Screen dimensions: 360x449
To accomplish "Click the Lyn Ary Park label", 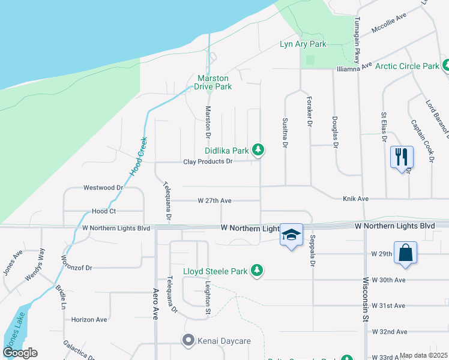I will (303, 44).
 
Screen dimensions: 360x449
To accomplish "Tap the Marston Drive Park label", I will (215, 82).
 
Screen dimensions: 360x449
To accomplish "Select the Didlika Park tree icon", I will (258, 149).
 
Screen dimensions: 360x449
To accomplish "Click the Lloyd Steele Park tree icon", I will (257, 271).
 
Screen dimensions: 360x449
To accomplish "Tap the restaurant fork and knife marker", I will (402, 157).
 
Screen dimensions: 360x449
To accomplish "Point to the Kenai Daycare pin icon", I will (188, 341).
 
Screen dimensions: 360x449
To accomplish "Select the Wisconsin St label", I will (364, 300).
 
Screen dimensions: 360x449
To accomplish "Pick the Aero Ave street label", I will (154, 305).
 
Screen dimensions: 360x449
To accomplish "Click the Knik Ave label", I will (355, 198).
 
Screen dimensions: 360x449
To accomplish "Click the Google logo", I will (20, 353).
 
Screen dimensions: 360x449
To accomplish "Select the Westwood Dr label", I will (103, 187).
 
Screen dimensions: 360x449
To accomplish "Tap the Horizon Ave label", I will (89, 320).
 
